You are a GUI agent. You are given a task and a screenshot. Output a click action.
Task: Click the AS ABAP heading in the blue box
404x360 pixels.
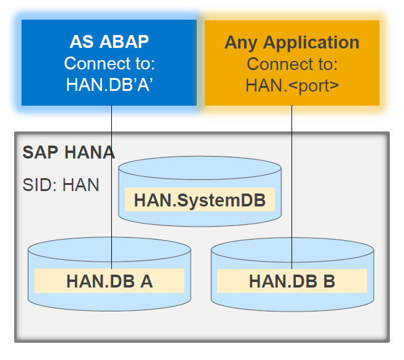[x=109, y=43]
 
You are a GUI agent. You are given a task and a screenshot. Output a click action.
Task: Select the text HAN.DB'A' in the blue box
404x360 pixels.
[x=109, y=85]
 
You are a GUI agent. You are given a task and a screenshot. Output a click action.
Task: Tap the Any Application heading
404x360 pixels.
[x=291, y=42]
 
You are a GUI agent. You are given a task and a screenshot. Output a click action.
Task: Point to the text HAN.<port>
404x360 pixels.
[x=291, y=85]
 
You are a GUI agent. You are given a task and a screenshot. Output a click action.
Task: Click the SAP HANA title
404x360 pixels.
[x=68, y=152]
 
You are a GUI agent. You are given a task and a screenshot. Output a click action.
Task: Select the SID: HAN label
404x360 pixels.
[x=61, y=184]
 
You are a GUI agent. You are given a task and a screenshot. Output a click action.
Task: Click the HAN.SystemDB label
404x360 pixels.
[x=200, y=200]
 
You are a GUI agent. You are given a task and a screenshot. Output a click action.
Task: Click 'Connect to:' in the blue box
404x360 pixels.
[x=109, y=64]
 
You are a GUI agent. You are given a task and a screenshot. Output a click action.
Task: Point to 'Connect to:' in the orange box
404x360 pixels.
[x=291, y=64]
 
